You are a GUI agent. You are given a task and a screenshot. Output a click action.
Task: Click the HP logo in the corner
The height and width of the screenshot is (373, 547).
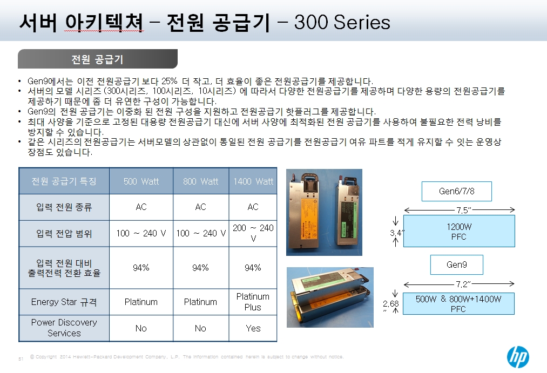pos(518,357)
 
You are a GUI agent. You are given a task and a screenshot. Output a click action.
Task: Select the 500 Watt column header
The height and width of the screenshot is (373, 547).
pos(141,181)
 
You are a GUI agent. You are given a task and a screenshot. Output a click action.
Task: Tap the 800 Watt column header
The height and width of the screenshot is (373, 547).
pos(200,181)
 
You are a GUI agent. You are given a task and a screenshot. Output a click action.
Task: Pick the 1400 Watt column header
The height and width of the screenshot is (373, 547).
pos(253,181)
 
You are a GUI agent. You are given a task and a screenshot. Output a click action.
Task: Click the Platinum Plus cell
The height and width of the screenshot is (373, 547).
pos(253,302)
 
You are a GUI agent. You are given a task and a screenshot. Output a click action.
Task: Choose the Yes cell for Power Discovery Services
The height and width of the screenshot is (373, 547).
pos(253,328)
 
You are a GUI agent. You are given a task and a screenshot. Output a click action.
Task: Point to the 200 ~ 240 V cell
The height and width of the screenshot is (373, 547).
pos(253,233)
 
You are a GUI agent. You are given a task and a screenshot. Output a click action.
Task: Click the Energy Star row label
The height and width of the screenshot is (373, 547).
pos(64,302)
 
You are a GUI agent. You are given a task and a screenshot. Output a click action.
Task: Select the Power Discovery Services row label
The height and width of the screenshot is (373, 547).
pos(64,328)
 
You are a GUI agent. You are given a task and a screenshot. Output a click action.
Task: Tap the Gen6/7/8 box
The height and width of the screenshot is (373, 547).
pos(457,191)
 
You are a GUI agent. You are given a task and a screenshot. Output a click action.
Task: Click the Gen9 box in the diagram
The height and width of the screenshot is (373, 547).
pos(457,265)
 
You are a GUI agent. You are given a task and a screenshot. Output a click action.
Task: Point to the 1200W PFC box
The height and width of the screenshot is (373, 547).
pos(459,231)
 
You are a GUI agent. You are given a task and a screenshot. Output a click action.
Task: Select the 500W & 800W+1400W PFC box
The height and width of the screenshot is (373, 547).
pos(458,303)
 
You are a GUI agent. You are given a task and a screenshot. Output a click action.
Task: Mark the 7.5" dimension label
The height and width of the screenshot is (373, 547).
pos(464,210)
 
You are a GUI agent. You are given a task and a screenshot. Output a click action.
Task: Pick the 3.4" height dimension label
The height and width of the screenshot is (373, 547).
pos(397,233)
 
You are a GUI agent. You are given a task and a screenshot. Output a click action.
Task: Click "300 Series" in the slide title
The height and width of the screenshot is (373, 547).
pos(342,22)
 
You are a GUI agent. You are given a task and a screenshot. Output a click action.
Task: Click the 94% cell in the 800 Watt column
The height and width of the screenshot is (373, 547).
pos(200,268)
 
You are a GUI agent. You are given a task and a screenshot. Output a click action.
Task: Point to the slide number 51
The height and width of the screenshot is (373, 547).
pos(21,359)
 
